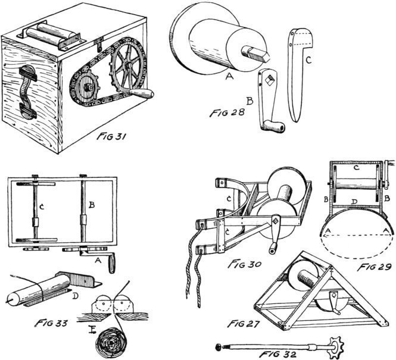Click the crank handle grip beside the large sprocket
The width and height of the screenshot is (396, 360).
144,95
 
